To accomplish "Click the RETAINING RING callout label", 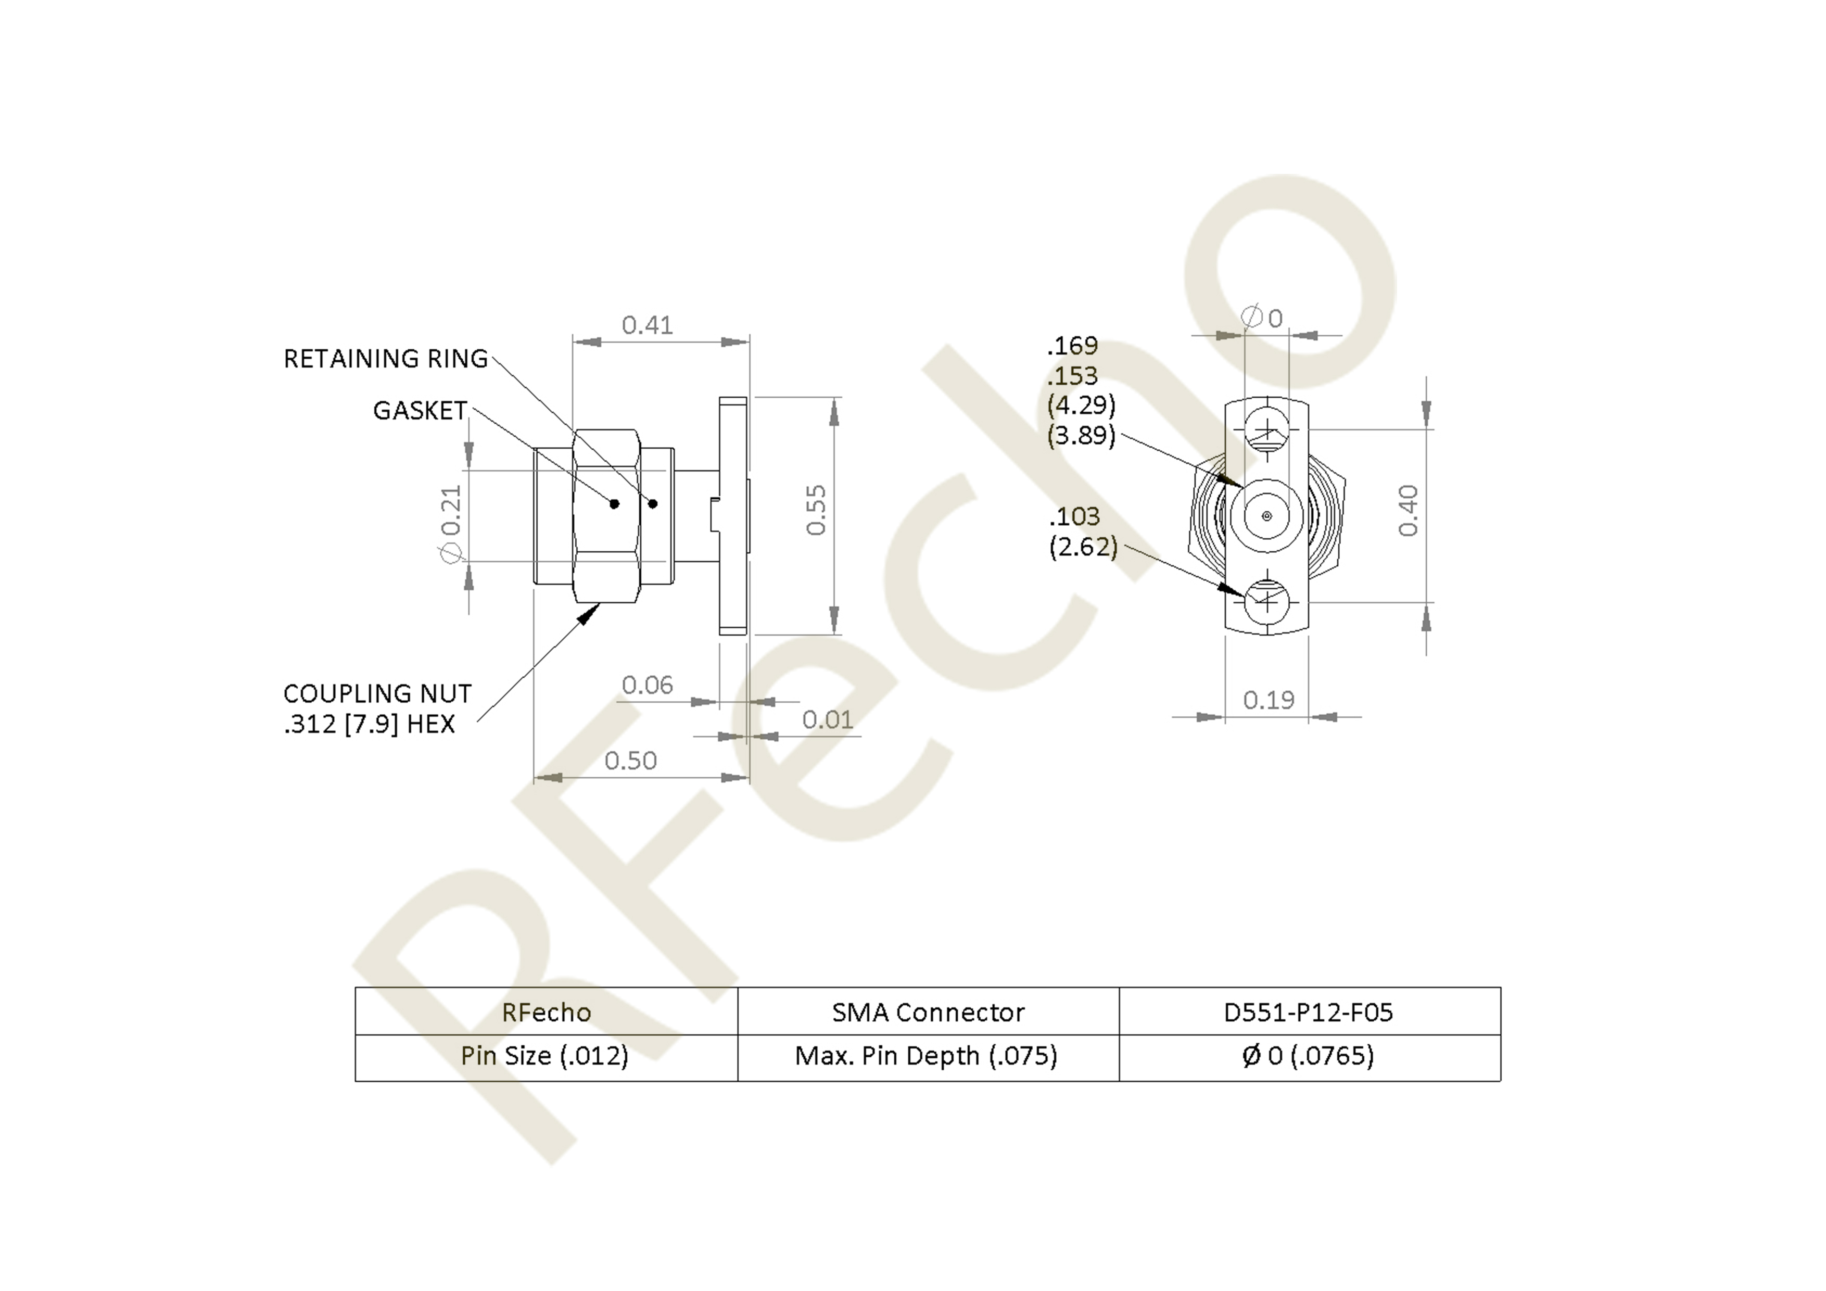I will [386, 359].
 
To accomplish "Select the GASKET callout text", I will [420, 410].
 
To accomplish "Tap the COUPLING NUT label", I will [377, 693].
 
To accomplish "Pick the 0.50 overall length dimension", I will [631, 761].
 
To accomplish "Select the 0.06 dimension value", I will [648, 685].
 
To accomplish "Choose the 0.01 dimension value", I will [827, 720].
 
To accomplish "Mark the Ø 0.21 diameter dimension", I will [451, 522].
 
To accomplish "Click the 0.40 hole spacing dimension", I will [1407, 511].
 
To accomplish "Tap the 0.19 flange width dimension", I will [1269, 700].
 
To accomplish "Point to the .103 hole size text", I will [1074, 517].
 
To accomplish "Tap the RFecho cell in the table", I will [547, 1012].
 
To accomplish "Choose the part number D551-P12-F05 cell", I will [1308, 1012].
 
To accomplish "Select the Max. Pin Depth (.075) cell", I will [927, 1056].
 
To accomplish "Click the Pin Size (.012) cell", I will [545, 1056].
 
